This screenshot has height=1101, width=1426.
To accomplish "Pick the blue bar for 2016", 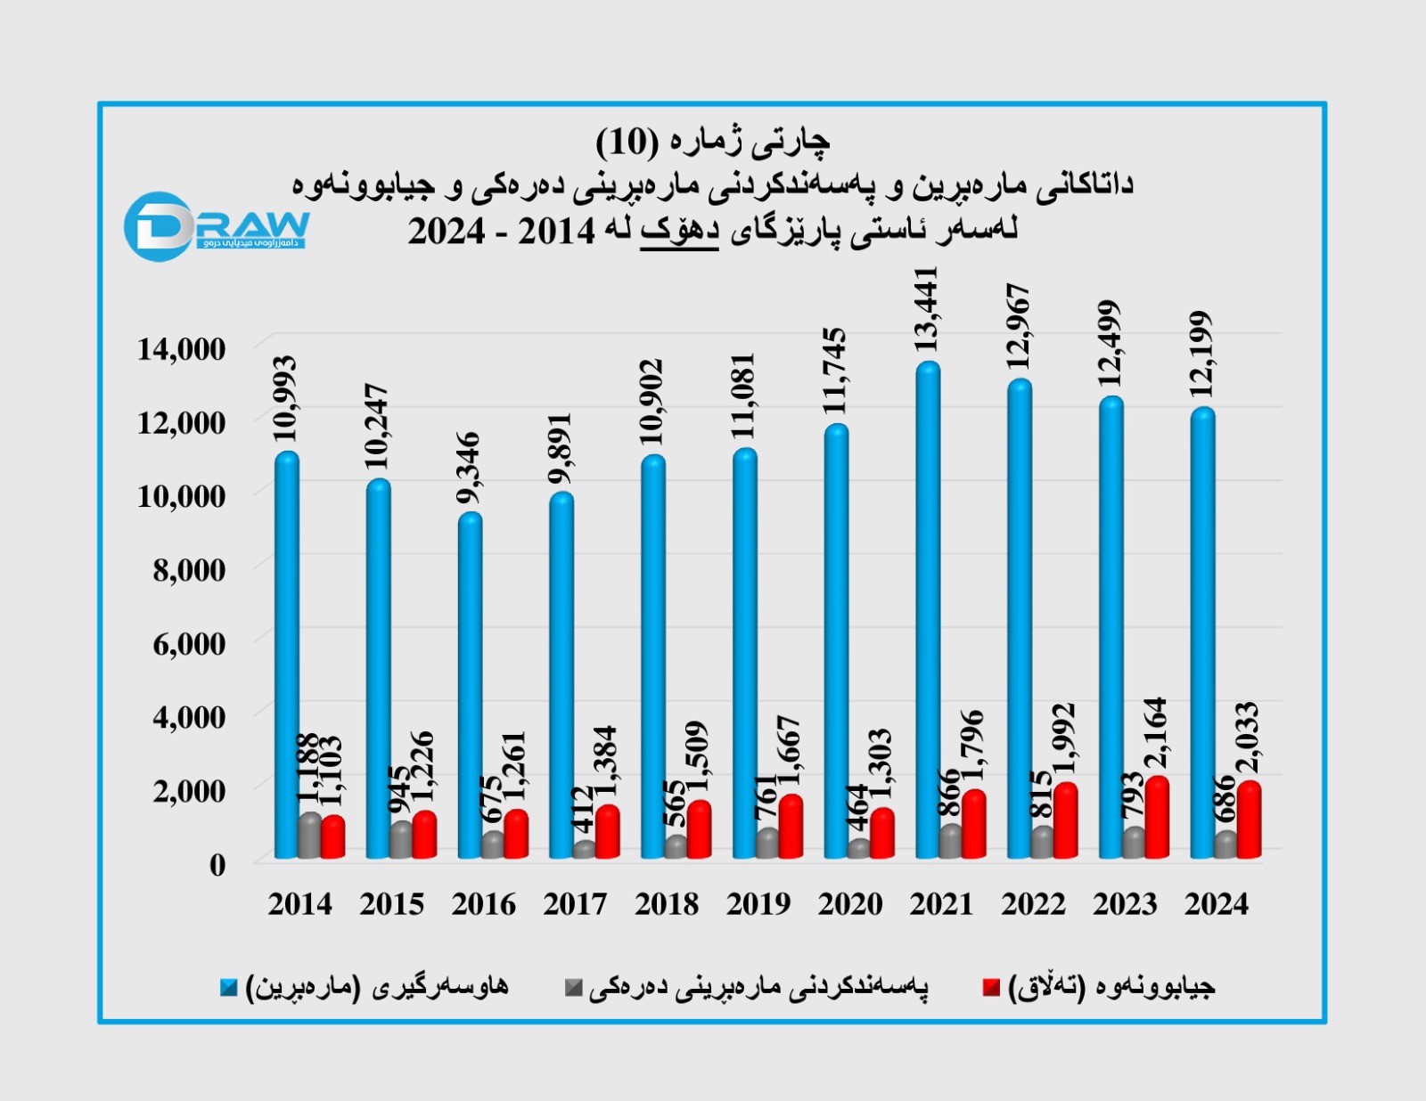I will (470, 686).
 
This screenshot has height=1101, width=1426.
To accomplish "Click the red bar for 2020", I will (881, 834).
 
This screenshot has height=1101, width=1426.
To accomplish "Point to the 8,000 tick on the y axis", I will (189, 569).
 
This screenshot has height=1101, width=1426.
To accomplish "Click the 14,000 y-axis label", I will (181, 349).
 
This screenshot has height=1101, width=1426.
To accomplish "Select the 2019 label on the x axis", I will (758, 904).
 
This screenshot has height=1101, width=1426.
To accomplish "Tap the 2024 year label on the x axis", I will (1216, 904).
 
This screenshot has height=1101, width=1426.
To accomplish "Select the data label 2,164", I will (1156, 733).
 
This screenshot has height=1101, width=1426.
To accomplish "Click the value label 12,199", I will (1201, 355).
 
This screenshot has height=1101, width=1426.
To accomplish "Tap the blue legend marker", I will (229, 987).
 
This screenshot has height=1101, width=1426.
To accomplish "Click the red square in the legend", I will (991, 987).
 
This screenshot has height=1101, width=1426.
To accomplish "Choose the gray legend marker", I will (574, 987).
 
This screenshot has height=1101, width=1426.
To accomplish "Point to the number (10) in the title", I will (627, 141).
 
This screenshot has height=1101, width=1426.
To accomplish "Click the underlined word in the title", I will (679, 230).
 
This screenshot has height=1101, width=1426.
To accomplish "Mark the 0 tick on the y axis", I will (217, 864).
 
